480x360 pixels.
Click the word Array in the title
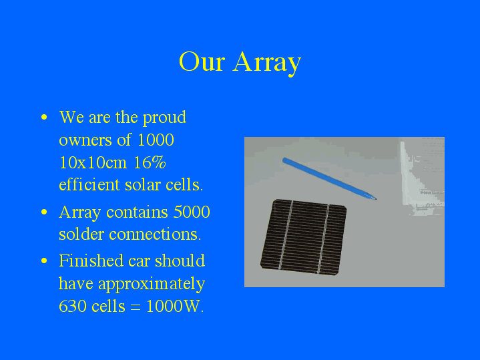[x=267, y=62]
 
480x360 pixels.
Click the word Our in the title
[x=202, y=62]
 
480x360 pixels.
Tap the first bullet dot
[x=44, y=118]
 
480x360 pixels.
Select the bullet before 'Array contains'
[x=44, y=212]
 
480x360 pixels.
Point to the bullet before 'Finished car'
[x=44, y=260]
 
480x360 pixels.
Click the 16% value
[x=149, y=163]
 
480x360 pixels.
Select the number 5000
[x=192, y=212]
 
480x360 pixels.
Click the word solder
[x=81, y=235]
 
